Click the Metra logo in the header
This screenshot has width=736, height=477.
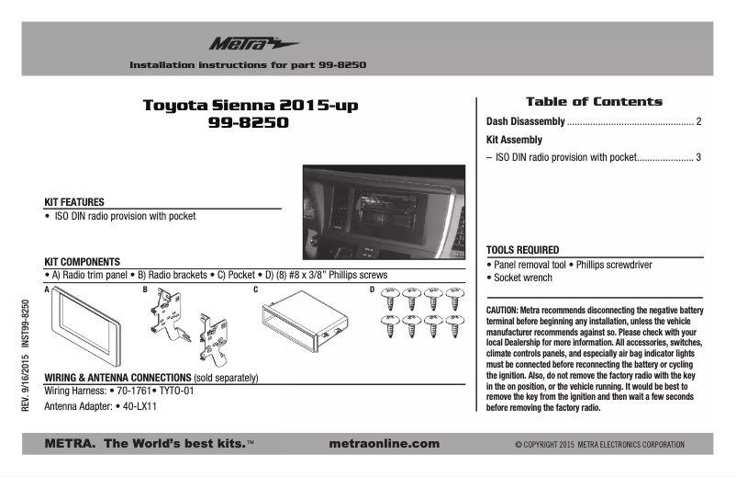240,43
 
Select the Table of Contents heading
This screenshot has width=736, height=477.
593,101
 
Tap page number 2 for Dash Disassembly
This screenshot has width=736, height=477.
698,122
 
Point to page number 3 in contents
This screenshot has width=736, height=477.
698,157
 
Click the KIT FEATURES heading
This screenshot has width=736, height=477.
74,202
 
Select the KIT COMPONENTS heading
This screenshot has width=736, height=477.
82,261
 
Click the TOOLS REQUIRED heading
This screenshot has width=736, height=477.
522,250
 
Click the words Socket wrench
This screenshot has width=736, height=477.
523,277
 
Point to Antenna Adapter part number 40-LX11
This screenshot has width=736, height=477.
139,405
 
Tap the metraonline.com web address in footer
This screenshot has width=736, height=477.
383,444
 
